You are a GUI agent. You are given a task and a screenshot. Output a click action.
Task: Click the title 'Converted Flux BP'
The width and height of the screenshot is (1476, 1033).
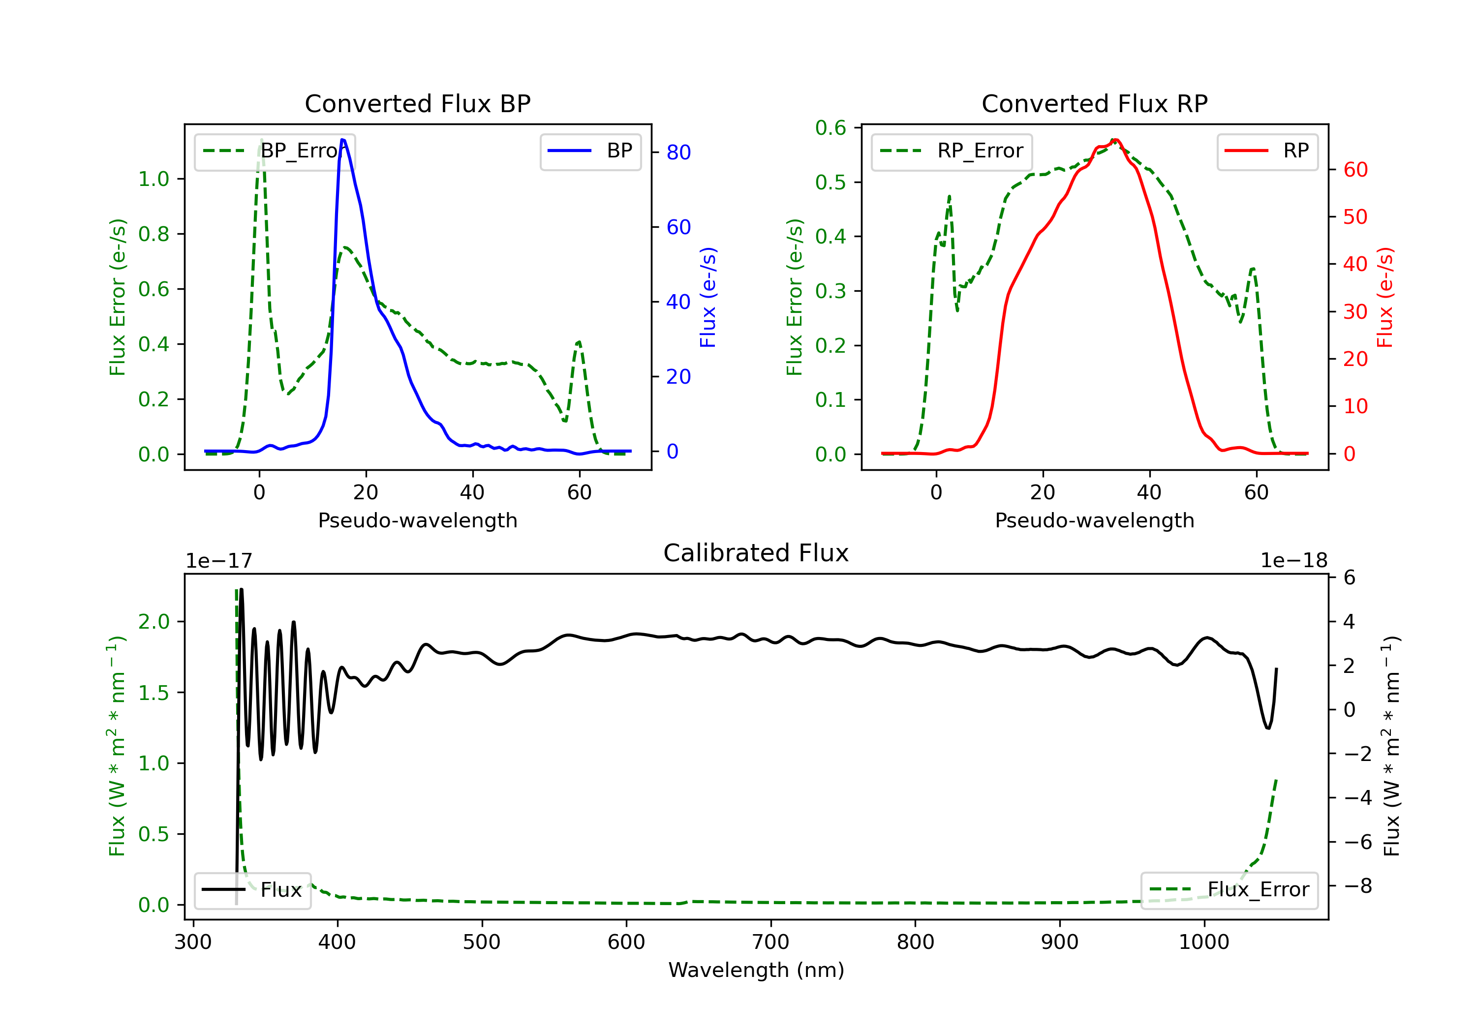point(417,103)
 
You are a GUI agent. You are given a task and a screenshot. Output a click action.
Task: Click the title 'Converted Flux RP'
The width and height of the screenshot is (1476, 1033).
point(1094,103)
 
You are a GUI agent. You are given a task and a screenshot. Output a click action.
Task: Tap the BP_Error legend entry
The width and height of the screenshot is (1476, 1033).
point(275,151)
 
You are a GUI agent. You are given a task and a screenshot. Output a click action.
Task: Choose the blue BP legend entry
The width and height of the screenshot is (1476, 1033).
point(590,151)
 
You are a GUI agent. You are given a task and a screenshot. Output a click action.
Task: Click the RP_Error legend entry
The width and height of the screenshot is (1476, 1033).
point(952,151)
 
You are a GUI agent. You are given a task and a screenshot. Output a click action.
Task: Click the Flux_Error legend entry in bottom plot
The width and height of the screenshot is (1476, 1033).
point(1229,890)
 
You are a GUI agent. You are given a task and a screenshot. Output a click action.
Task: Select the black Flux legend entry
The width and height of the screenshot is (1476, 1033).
point(253,890)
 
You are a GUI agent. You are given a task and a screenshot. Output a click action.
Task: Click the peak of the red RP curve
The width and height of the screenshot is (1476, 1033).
point(1115,140)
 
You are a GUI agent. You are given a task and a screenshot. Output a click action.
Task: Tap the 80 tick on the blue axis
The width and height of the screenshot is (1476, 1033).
point(678,152)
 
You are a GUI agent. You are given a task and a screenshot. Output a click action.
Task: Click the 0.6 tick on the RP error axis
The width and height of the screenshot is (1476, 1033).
point(830,128)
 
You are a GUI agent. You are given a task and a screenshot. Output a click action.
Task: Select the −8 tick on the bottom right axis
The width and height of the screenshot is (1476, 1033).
point(1358,886)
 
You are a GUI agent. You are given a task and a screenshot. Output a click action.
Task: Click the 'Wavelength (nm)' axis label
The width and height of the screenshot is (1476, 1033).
point(756,970)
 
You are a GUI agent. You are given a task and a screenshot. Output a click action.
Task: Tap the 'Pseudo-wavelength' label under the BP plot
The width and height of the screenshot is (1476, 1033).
point(417,520)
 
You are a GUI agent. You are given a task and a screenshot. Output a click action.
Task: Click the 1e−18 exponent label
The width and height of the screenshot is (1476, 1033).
point(1293,561)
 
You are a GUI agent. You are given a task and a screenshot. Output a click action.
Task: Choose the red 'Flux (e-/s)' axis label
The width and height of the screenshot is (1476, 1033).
point(1384,297)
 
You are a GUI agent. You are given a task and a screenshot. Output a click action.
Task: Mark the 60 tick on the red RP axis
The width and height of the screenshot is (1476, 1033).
point(1355,170)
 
